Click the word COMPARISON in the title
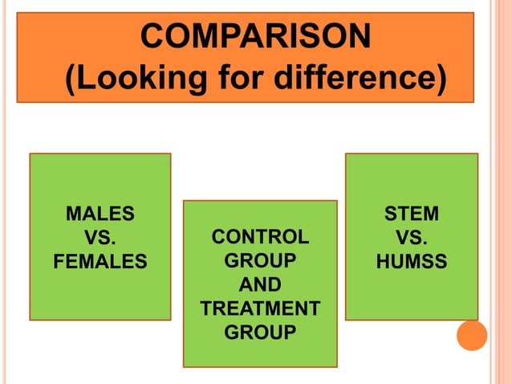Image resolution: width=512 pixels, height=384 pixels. coord(255,35)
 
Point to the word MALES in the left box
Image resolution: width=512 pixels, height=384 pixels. coord(100,214)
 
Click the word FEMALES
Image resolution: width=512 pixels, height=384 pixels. coord(100,262)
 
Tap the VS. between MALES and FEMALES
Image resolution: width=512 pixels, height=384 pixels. coord(100,238)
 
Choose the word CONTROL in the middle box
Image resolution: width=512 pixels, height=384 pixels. coord(260,237)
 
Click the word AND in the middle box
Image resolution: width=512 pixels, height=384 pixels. coord(260,284)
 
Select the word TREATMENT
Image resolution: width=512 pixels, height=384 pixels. coord(260,308)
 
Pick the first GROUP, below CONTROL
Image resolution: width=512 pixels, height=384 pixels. coord(260,261)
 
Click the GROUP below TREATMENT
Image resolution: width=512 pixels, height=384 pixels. coord(260,332)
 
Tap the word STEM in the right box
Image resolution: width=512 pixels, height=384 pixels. coord(412,214)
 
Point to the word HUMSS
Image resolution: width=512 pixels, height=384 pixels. coord(412,262)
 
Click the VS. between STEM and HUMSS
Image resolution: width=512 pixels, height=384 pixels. coord(412,238)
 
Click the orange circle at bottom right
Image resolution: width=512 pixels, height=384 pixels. coord(472,335)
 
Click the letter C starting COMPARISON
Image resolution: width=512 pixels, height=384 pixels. coord(152,35)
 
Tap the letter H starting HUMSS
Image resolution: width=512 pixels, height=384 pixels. coord(382,262)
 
